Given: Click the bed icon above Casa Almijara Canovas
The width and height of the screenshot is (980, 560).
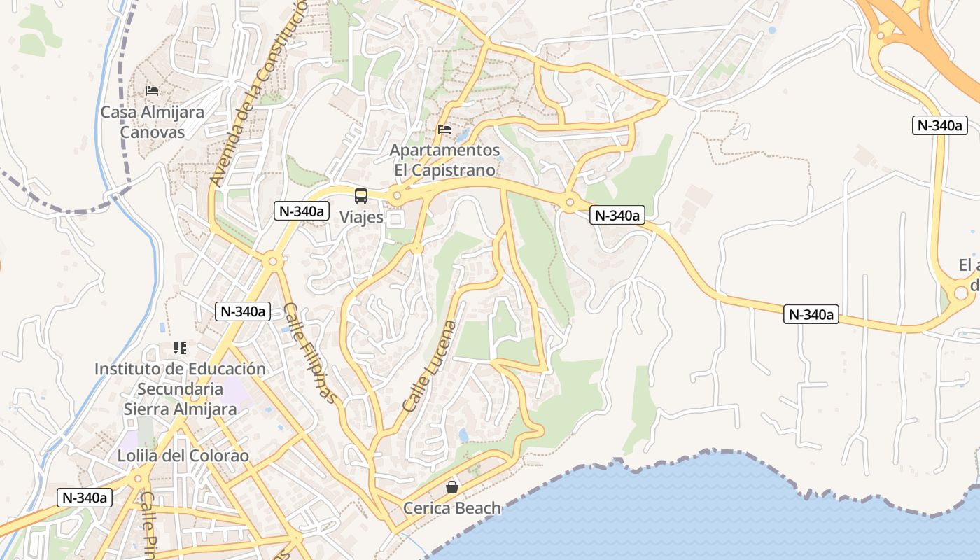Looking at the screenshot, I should [x=152, y=91].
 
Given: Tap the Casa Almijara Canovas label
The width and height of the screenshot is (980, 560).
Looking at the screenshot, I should [x=152, y=122].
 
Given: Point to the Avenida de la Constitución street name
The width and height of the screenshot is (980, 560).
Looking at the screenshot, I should [x=258, y=94].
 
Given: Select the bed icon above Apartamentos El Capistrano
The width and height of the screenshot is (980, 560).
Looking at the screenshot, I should [x=444, y=129].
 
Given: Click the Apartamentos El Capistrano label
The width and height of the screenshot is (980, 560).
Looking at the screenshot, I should [x=444, y=160].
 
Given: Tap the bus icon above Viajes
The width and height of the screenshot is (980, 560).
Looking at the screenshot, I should [x=361, y=196].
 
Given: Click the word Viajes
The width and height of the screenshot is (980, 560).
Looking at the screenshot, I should [x=361, y=217].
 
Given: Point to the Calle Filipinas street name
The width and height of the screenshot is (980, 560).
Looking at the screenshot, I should [x=310, y=353].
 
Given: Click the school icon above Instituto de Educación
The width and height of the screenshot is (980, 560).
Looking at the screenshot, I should [x=180, y=348].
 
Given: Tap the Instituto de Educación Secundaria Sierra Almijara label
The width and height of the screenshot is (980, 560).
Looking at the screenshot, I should [x=180, y=389].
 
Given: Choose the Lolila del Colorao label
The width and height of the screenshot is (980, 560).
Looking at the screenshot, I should [x=183, y=456].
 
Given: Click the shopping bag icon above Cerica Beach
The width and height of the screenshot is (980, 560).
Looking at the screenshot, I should [x=452, y=487].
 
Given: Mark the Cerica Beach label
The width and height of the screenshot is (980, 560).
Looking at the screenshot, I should [x=452, y=508].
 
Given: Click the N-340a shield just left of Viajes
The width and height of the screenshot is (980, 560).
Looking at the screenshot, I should [x=302, y=211].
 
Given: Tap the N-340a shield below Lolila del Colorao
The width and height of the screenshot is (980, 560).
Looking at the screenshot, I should [x=85, y=498].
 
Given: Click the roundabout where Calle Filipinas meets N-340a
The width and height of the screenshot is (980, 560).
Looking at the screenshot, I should [x=272, y=262].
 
